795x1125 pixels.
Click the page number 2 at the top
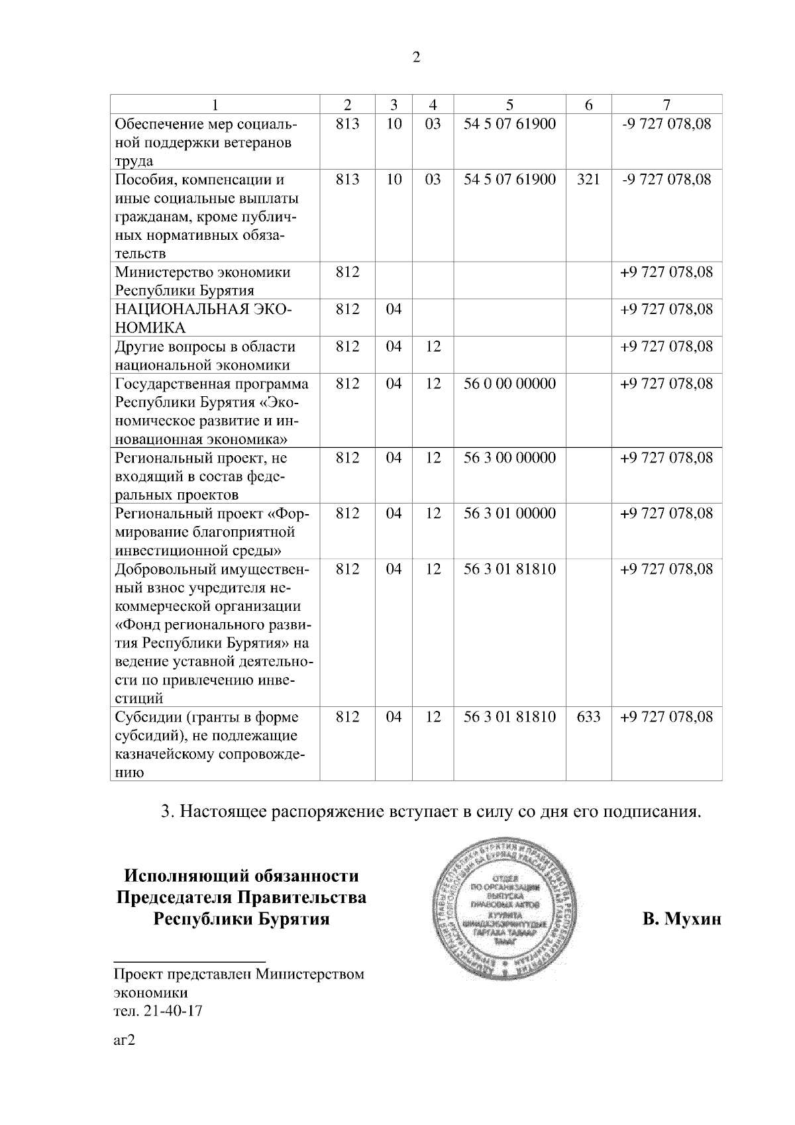pyautogui.click(x=416, y=57)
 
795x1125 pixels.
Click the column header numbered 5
pyautogui.click(x=509, y=105)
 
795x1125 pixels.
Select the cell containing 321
pyautogui.click(x=588, y=180)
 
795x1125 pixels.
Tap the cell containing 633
pyautogui.click(x=588, y=717)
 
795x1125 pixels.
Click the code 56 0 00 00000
pyautogui.click(x=509, y=384)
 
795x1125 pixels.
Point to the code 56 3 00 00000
pyautogui.click(x=509, y=458)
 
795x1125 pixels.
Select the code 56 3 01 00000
pyautogui.click(x=509, y=513)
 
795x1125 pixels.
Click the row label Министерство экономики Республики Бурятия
pyautogui.click(x=203, y=281)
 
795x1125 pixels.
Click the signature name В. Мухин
pyautogui.click(x=681, y=920)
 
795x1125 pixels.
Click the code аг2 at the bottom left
pyautogui.click(x=125, y=1041)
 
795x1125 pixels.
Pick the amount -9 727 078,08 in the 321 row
pyautogui.click(x=666, y=180)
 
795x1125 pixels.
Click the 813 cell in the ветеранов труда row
pyautogui.click(x=347, y=124)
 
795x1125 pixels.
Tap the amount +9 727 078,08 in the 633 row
pyautogui.click(x=666, y=717)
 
